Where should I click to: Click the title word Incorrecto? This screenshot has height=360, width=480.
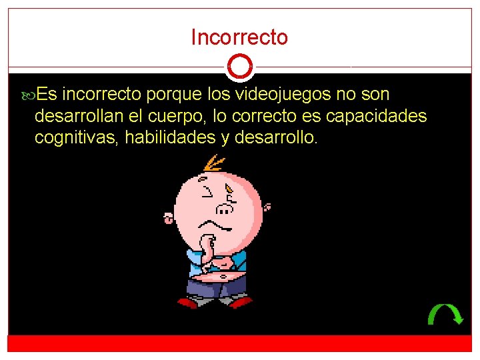(x=239, y=37)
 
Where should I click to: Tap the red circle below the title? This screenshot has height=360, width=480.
(x=239, y=67)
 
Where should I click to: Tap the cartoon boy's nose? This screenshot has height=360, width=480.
(x=225, y=209)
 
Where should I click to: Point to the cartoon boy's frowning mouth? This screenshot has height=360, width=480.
(x=215, y=225)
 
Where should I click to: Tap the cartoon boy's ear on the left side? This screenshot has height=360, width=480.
(x=168, y=217)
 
